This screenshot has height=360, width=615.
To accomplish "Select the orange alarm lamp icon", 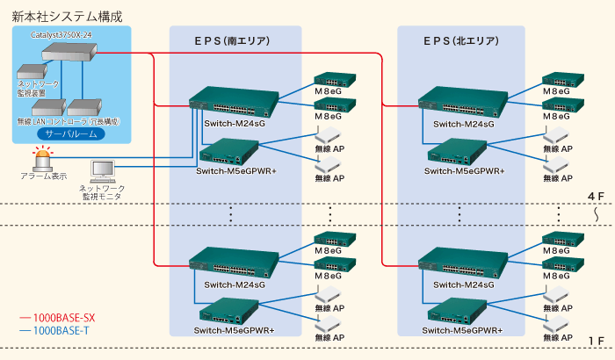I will [42, 159].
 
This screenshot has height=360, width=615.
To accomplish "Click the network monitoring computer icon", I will [105, 170].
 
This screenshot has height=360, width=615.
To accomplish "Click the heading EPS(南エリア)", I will [232, 40].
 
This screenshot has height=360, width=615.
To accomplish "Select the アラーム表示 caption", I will [43, 176].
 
